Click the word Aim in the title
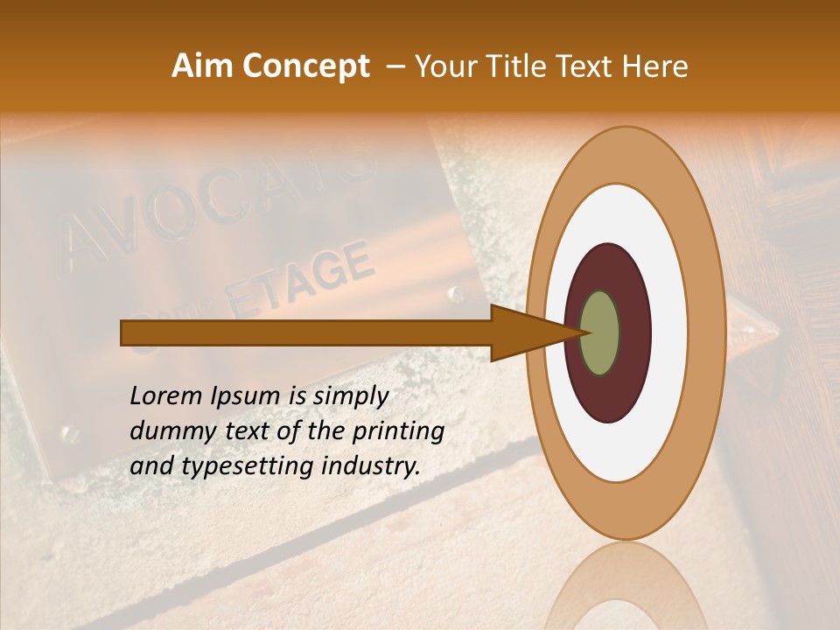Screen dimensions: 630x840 coord(201,66)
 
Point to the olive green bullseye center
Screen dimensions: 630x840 coord(600,333)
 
